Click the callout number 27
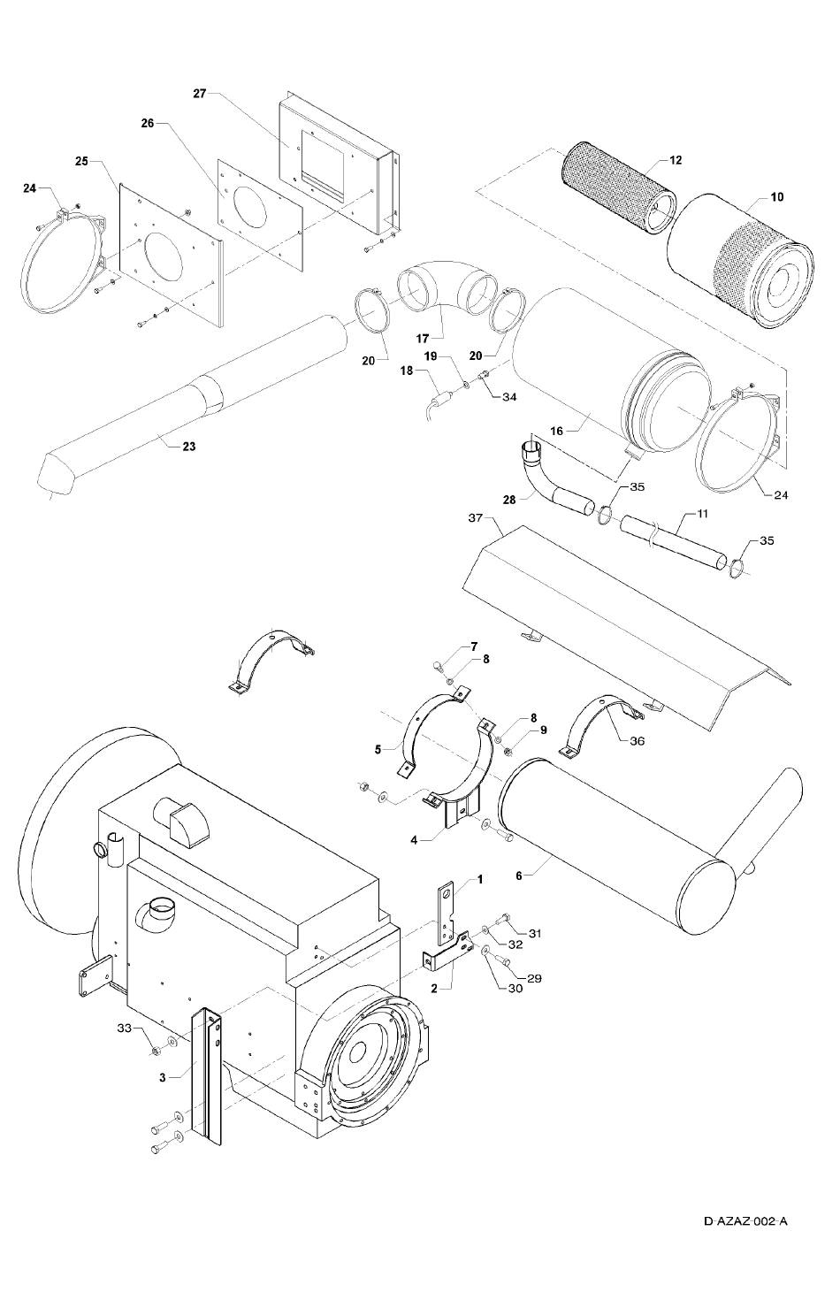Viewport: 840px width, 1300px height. coord(200,94)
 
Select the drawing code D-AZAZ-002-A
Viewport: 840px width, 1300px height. coord(745,1220)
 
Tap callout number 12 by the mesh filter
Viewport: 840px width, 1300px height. coord(676,159)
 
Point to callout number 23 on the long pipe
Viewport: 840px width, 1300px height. coord(189,447)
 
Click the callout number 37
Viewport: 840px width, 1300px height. coord(476,517)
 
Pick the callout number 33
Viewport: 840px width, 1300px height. coord(125,1028)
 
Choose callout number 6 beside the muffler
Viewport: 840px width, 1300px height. coord(519,876)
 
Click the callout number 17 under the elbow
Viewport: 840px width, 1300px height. coord(422,337)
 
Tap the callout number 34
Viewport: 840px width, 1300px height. coord(509,397)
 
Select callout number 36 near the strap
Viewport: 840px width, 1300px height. coord(638,741)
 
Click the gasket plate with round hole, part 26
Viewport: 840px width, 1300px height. coord(261,215)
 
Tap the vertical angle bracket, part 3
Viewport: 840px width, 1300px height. coord(207,1074)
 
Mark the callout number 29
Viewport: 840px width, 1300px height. coord(534,978)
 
